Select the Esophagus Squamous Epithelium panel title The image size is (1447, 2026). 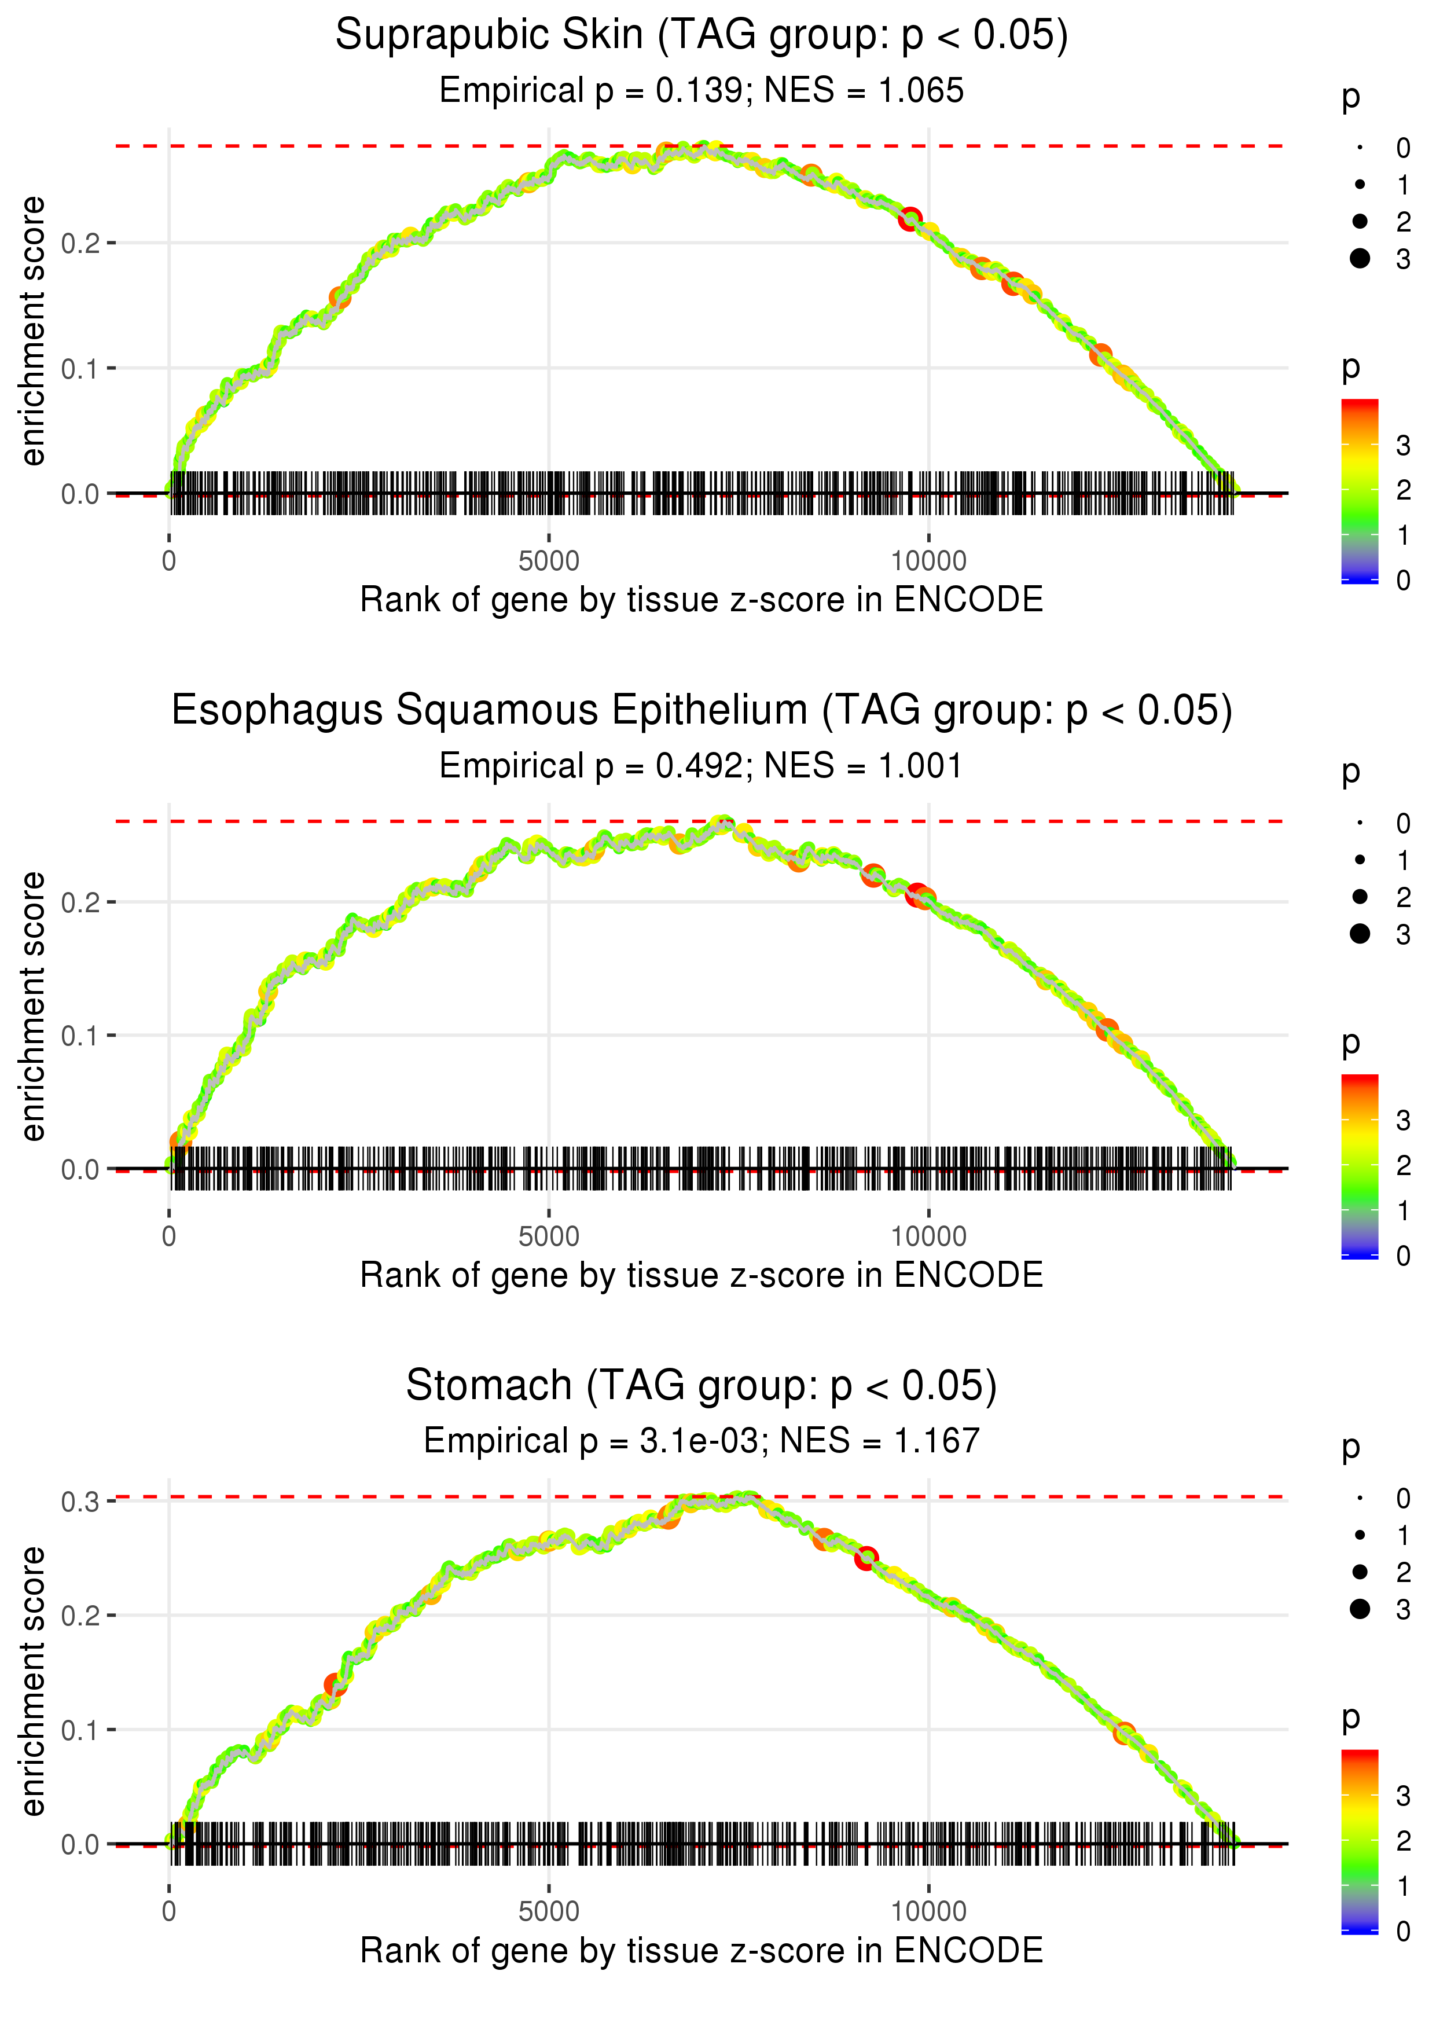pos(702,711)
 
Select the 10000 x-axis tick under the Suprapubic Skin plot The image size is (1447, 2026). pos(928,561)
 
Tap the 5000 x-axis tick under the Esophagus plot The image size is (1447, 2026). pos(549,1236)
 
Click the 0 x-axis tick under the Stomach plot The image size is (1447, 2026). pos(169,1912)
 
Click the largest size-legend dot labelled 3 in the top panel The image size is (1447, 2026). pos(1360,258)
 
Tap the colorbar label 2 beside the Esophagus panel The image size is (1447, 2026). pos(1404,1165)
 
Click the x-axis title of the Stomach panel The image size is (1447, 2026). pos(702,1951)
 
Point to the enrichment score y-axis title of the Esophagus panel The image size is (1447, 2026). pos(33,1007)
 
